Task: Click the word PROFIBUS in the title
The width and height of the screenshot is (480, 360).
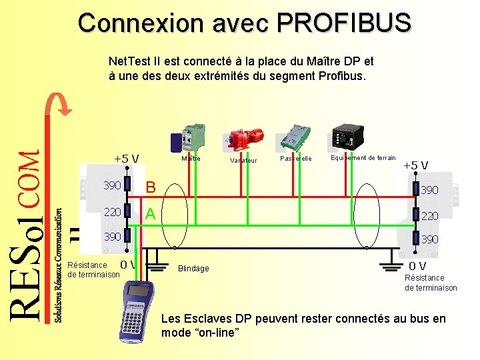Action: click(x=344, y=23)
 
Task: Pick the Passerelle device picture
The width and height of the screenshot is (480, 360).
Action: click(x=293, y=137)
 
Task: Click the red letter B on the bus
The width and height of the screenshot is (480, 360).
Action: click(x=151, y=187)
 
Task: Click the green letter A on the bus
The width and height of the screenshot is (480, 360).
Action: click(x=151, y=213)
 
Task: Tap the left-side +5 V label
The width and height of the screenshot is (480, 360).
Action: click(x=126, y=159)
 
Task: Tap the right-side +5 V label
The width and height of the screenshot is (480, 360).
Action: click(x=415, y=165)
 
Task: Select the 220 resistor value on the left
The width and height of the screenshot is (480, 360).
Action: click(x=111, y=212)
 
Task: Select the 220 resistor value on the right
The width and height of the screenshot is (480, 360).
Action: click(x=429, y=216)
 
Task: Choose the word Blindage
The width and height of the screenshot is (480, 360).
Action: click(x=193, y=269)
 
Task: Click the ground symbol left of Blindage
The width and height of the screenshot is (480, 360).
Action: click(x=157, y=267)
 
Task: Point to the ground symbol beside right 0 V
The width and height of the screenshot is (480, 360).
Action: click(x=393, y=267)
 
